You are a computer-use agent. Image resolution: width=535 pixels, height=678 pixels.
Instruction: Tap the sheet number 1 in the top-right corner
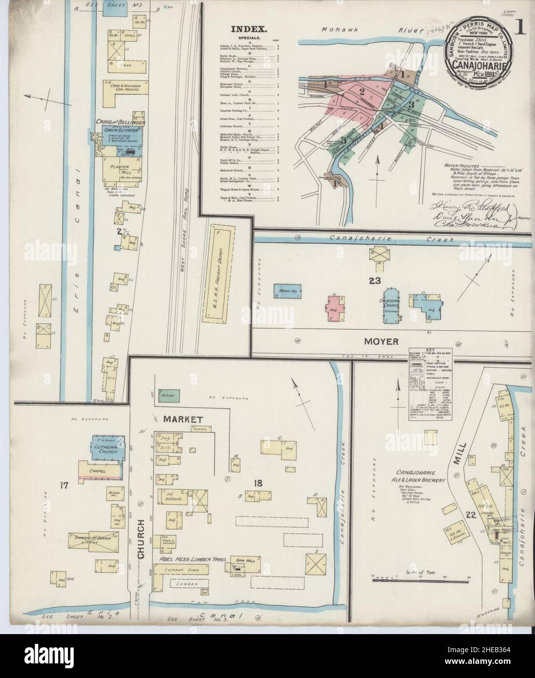click(521, 28)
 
